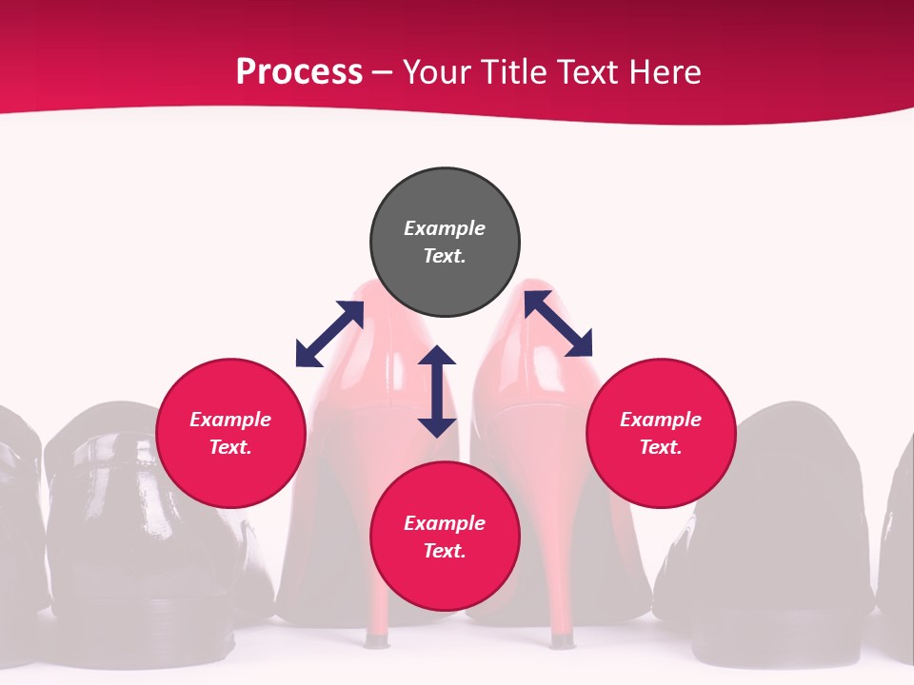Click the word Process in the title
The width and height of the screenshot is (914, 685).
(x=299, y=72)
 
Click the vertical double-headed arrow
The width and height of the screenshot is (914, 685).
(x=437, y=391)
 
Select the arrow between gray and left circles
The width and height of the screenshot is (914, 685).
(x=329, y=334)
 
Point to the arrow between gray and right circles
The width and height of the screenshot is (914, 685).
(x=558, y=323)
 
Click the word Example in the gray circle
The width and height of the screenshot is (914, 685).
(x=445, y=228)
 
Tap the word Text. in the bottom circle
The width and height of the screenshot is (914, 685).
(x=445, y=551)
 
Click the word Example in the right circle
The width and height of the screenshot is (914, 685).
(x=661, y=420)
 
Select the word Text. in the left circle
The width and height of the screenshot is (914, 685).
(x=230, y=447)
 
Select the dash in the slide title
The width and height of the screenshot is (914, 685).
(x=383, y=73)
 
